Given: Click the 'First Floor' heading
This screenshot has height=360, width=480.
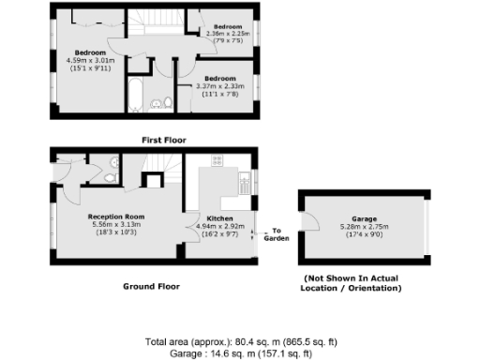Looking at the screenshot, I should (164, 140).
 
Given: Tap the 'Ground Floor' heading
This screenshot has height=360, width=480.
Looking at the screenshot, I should (152, 286).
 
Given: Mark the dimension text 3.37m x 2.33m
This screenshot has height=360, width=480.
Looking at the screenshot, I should (219, 86).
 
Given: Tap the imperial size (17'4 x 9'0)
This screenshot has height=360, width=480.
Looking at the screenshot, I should (363, 232).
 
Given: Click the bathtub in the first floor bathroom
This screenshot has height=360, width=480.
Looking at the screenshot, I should (134, 97).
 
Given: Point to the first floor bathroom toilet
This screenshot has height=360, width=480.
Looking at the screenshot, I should (168, 102).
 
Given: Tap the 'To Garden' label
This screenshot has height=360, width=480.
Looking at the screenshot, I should (277, 233).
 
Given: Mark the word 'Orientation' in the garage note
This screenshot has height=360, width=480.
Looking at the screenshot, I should (370, 288).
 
